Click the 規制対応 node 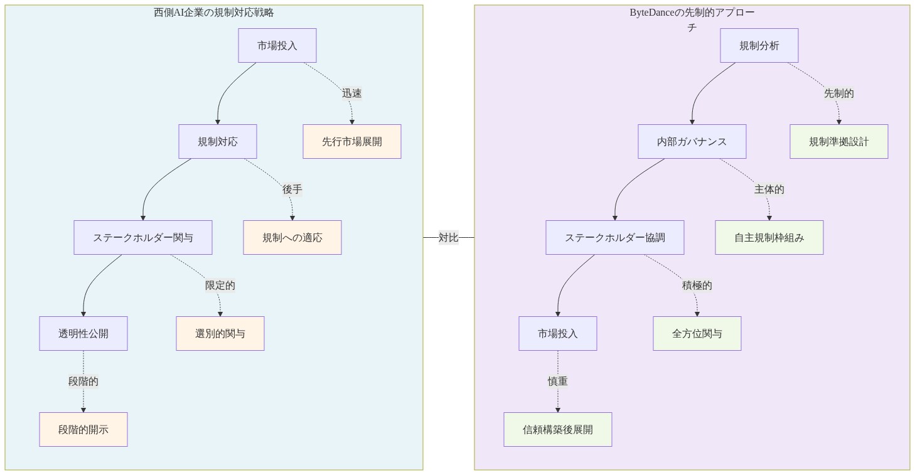[217, 142]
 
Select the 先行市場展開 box [351, 142]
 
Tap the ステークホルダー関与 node [142, 238]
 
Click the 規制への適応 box [292, 238]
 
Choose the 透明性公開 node [83, 334]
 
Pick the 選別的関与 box [220, 334]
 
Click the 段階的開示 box [83, 430]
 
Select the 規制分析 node [759, 46]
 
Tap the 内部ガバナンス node [692, 142]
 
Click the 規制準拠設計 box [838, 142]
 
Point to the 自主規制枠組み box [769, 238]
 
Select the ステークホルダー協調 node [614, 238]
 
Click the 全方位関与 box [697, 334]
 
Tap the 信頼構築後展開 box [557, 430]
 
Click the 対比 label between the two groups [448, 238]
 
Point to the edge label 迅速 [351, 93]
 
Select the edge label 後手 [292, 189]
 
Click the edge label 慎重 [557, 382]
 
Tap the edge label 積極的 [697, 286]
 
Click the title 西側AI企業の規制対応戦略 [213, 13]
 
